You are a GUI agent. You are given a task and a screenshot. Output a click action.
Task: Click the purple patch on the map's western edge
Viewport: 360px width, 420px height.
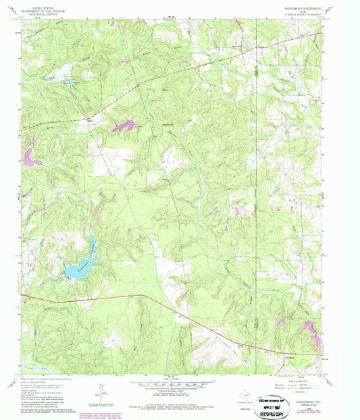(x=29, y=157)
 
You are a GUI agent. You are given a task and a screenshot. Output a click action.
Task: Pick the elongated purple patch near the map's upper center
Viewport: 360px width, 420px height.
(x=122, y=126)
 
